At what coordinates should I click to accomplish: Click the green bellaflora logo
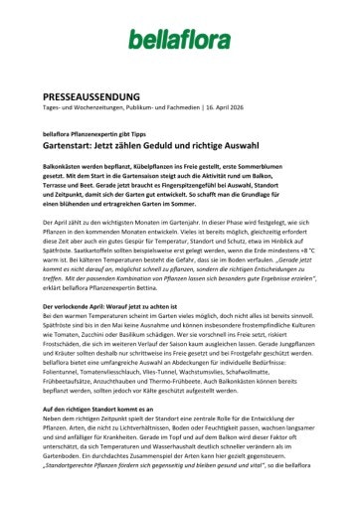coord(179,39)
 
